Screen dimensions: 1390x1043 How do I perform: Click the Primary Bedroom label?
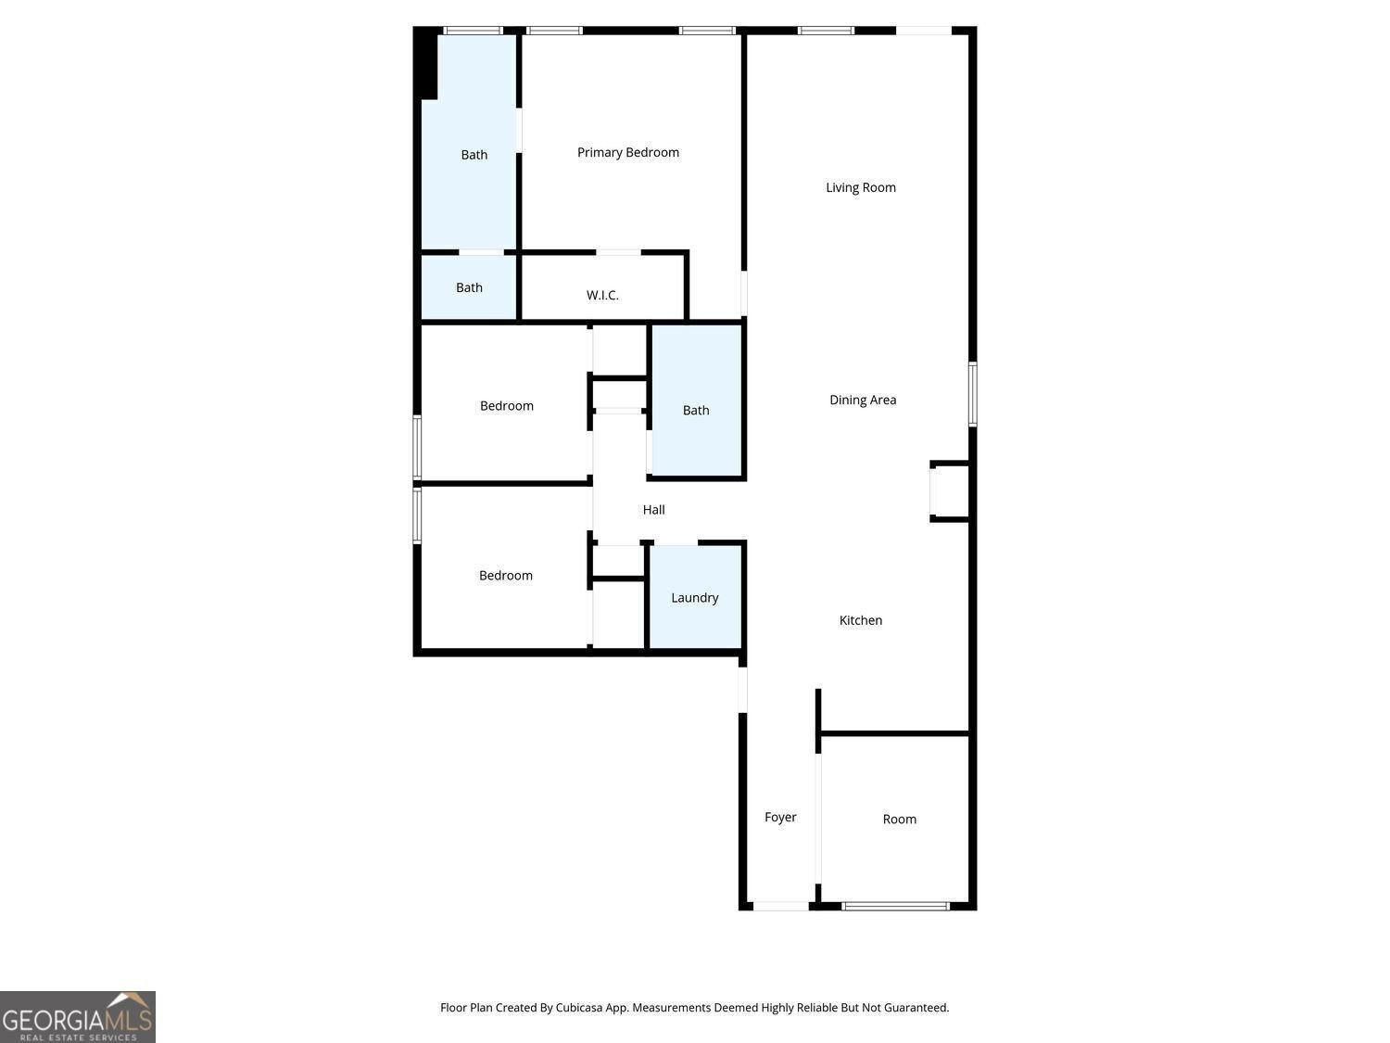pyautogui.click(x=627, y=153)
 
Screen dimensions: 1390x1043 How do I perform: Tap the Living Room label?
pyautogui.click(x=860, y=187)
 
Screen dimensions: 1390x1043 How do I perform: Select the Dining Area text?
pyautogui.click(x=863, y=400)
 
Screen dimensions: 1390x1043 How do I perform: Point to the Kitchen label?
pyautogui.click(x=860, y=620)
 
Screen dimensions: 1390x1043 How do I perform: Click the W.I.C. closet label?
pyautogui.click(x=602, y=295)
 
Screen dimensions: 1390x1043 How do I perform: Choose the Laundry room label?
pyautogui.click(x=695, y=598)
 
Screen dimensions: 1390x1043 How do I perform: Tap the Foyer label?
pyautogui.click(x=780, y=817)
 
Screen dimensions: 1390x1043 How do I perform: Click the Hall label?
pyautogui.click(x=653, y=510)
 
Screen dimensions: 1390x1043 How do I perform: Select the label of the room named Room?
pyautogui.click(x=899, y=819)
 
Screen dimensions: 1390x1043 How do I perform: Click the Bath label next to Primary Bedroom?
pyautogui.click(x=474, y=155)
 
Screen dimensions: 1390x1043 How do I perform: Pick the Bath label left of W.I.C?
pyautogui.click(x=469, y=287)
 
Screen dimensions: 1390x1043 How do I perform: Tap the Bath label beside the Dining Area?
pyautogui.click(x=695, y=411)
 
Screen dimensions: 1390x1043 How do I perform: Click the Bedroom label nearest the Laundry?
pyautogui.click(x=505, y=576)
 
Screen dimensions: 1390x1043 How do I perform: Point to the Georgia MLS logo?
pyautogui.click(x=77, y=1016)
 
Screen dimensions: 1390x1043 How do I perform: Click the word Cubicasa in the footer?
pyautogui.click(x=579, y=1008)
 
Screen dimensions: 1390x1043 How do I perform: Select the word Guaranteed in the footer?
pyautogui.click(x=917, y=1008)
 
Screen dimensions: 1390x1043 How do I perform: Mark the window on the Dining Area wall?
pyautogui.click(x=973, y=394)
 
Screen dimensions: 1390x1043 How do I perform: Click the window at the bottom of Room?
pyautogui.click(x=895, y=906)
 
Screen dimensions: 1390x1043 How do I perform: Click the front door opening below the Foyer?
pyautogui.click(x=781, y=906)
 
